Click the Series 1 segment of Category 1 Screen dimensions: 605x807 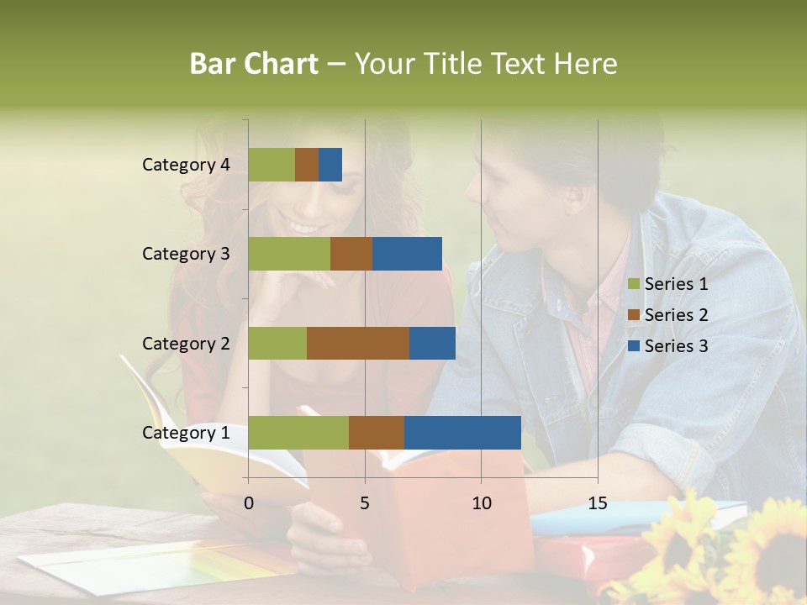tap(298, 433)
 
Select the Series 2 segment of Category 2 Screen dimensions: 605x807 tap(358, 343)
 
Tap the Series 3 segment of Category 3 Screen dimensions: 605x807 tap(407, 254)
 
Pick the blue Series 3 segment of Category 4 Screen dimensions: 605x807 tap(330, 165)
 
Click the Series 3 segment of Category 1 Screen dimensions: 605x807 tap(462, 433)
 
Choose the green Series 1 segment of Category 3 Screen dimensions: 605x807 tap(289, 254)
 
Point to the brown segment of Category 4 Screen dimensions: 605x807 tap(307, 165)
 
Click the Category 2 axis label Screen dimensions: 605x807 tap(186, 343)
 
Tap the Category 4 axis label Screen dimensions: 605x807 tap(186, 165)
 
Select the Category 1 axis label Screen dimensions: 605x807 tap(186, 433)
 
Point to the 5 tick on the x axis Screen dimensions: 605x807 tap(365, 503)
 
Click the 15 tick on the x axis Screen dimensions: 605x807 tap(598, 503)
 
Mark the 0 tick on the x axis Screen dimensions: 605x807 tap(249, 503)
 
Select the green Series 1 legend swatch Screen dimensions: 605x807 tap(634, 284)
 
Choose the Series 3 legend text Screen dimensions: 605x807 tap(676, 346)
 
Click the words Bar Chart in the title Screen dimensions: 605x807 tap(254, 64)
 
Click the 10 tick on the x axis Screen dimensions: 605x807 tap(481, 503)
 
